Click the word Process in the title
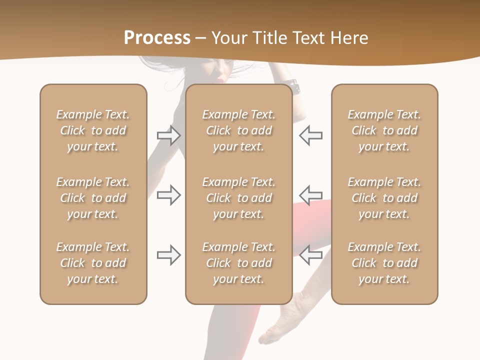click(157, 38)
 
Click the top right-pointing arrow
click(168, 135)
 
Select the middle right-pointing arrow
click(168, 195)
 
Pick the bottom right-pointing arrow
click(168, 255)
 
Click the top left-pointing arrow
click(311, 135)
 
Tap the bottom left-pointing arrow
click(311, 255)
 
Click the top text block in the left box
click(93, 130)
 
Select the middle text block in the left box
click(93, 198)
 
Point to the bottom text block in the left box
click(93, 263)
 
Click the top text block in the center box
click(238, 130)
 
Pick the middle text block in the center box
click(238, 198)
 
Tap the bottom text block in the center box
click(238, 263)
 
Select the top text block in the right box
click(384, 130)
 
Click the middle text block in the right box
click(384, 198)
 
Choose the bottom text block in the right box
click(384, 263)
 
